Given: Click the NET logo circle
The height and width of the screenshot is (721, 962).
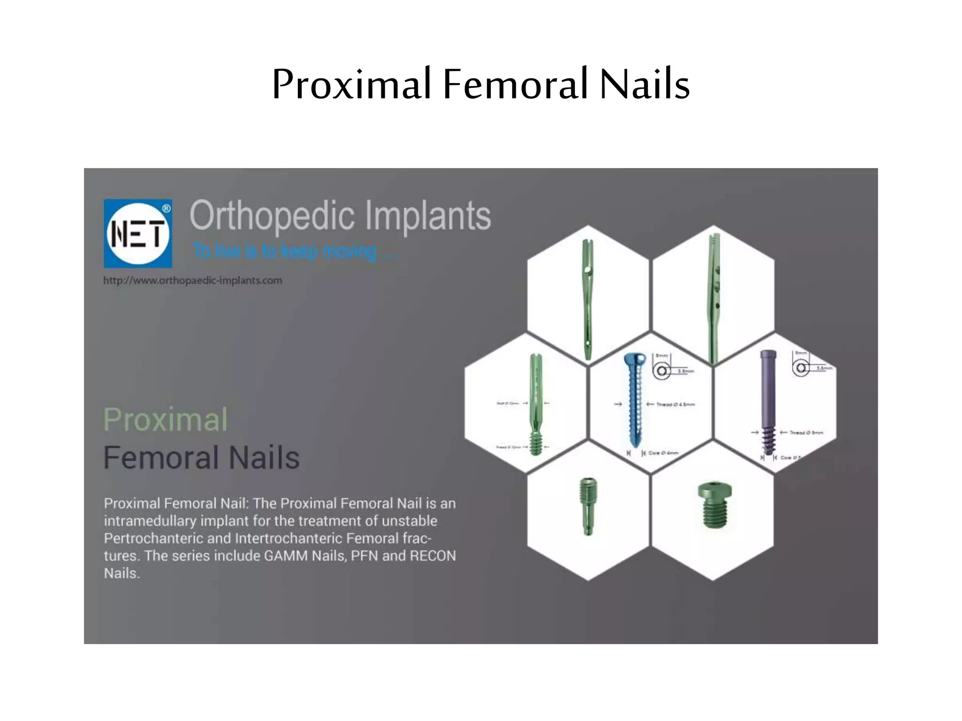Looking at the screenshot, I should coord(138,233).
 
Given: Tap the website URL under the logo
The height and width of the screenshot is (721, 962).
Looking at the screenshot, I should coord(193,280).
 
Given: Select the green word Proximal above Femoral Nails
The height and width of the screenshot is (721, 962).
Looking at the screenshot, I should coord(165,419).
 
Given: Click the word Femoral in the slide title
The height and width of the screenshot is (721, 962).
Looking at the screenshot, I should coord(515,84).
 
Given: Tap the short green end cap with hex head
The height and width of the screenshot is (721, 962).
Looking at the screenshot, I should coord(714,505).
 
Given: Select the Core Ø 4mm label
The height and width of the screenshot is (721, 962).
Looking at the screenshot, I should coord(663,453).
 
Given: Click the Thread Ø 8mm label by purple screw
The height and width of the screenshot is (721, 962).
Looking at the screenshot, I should coord(806,433).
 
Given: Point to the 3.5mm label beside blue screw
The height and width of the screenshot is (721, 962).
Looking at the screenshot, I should coord(685,371).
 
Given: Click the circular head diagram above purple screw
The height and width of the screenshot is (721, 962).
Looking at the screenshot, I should coord(801,368).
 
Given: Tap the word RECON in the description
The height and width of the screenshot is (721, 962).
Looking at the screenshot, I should coord(433,556).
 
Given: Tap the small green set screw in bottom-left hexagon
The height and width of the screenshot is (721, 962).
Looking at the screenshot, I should coord(588,506).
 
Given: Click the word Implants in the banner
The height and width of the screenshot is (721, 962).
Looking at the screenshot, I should coord(428,215).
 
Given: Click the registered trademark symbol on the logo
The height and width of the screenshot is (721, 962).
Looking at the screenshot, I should coord(166,208).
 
